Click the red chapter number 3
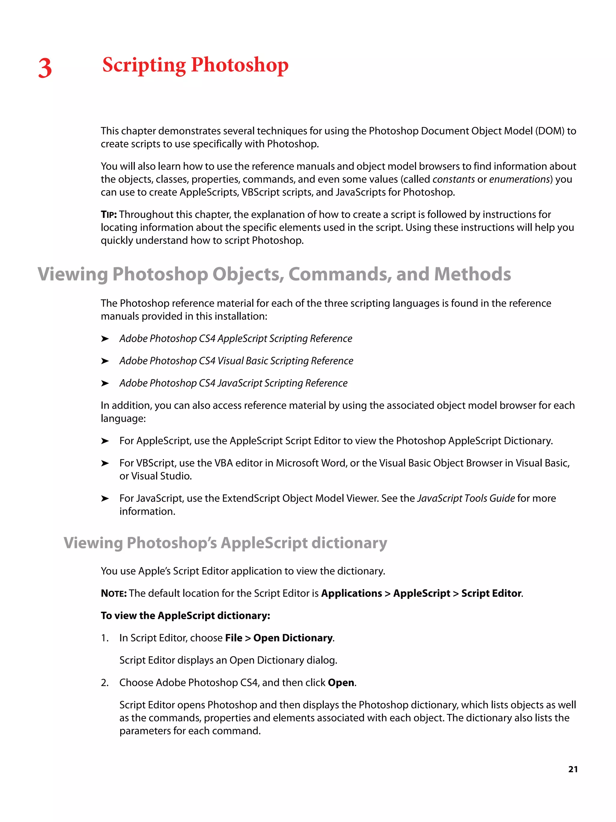45,68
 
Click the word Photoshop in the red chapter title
239,65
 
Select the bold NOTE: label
114,594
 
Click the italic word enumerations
519,179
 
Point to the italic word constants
453,179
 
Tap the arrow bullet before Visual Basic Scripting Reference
105,361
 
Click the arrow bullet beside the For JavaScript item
105,498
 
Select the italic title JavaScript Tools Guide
466,498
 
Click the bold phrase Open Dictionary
293,638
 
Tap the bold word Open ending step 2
340,683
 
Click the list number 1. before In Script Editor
105,638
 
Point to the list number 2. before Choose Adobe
105,683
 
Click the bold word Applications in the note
351,594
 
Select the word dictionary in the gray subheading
349,543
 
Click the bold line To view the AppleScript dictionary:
185,616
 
